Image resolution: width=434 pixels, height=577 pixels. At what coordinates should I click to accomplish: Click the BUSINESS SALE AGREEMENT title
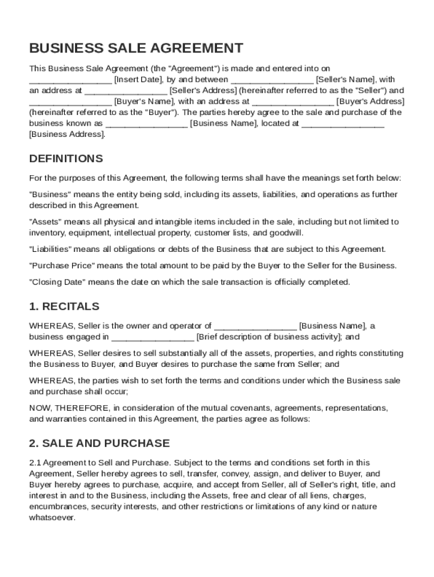pos(136,48)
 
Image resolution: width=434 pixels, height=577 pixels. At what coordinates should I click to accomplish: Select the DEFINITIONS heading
pos(66,158)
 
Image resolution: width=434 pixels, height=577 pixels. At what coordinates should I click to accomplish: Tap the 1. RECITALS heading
pos(64,307)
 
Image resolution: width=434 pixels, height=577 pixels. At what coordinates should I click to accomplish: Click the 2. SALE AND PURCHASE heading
pos(99,443)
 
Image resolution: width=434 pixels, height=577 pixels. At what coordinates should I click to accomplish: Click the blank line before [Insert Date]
pos(70,81)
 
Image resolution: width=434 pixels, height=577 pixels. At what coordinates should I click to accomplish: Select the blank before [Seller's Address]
pos(126,91)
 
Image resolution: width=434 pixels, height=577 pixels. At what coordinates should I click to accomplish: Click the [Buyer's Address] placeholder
pos(370,101)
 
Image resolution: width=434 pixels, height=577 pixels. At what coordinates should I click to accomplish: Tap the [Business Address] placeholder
pos(67,134)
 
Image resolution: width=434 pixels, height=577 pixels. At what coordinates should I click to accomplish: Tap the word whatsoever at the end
pos(52,517)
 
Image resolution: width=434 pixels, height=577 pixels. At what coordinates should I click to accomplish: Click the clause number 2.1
pos(36,463)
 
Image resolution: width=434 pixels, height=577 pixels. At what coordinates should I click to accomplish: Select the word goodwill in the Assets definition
pos(286,232)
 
